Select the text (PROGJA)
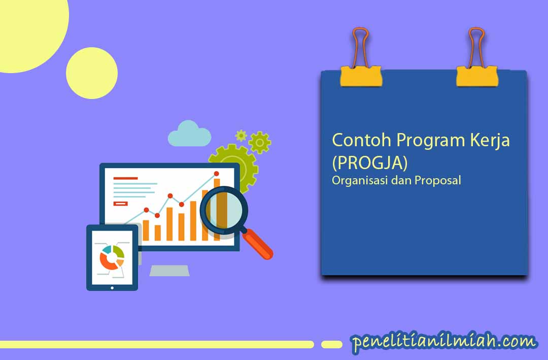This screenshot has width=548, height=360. coord(370,162)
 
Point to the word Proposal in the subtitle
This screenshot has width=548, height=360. coord(438,181)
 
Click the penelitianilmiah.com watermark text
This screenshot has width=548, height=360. coord(443,341)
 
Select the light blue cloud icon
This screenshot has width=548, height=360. coord(189,134)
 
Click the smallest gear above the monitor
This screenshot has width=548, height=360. coord(241,136)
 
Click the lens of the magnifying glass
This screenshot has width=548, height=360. coord(224,210)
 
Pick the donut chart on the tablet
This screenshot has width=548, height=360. coord(112,257)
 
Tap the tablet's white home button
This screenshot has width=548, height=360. coord(112,288)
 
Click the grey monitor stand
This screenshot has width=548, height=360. coord(169,271)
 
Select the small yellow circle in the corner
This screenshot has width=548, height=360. coord(92,73)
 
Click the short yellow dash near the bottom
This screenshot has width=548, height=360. coord(332,345)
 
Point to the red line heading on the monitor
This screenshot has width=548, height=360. coord(125,178)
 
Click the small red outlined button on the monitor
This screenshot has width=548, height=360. coord(121,204)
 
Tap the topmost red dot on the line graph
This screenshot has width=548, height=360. coord(216,174)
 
